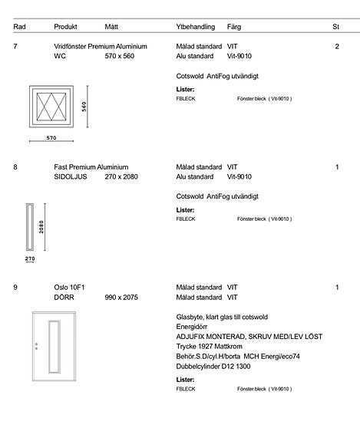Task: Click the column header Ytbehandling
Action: (195, 27)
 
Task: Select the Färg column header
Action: (234, 27)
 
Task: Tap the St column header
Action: (335, 27)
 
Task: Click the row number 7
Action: (15, 47)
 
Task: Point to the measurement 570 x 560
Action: (119, 56)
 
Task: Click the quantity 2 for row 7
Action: (337, 47)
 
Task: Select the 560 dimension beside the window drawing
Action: (84, 107)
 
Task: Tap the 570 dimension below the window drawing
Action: (51, 138)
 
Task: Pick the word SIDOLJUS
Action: (71, 176)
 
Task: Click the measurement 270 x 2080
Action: (121, 176)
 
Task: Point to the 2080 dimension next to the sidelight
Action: (41, 227)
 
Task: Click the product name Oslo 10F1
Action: (69, 288)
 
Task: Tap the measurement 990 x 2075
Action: (121, 298)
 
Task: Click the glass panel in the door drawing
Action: (54, 347)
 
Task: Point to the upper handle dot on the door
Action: (36, 344)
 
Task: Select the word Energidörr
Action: (192, 327)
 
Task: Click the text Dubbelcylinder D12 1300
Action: (213, 367)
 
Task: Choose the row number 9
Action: (15, 288)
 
